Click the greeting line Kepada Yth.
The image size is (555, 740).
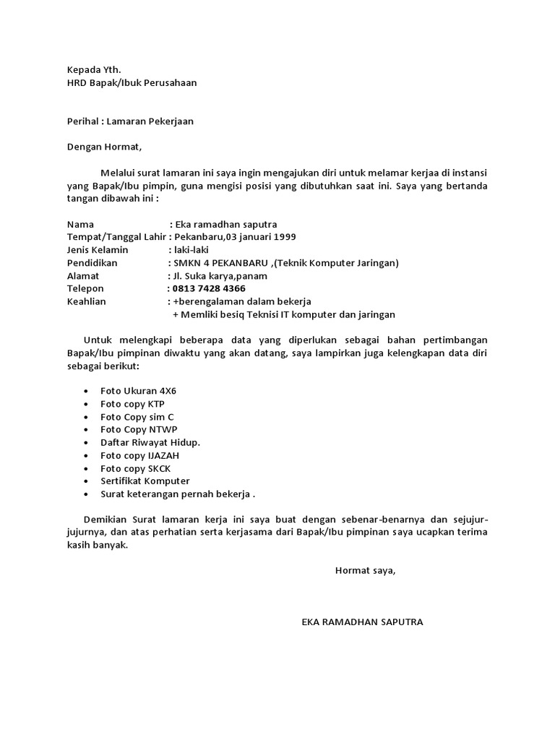point(93,69)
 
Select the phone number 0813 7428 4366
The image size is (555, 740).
point(209,288)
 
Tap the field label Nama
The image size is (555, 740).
point(80,224)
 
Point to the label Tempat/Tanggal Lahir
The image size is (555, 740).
point(116,237)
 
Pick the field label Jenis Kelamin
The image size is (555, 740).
point(98,250)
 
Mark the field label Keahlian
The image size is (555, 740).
point(87,301)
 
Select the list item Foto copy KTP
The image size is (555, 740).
point(133,404)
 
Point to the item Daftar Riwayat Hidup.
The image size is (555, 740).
point(150,442)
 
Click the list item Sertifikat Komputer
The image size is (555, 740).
point(145,481)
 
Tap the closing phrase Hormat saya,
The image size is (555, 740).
point(366,571)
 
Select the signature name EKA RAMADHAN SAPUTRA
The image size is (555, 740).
point(362,621)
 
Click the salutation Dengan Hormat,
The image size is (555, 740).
point(105,147)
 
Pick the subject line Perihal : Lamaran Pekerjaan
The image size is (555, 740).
point(130,121)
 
